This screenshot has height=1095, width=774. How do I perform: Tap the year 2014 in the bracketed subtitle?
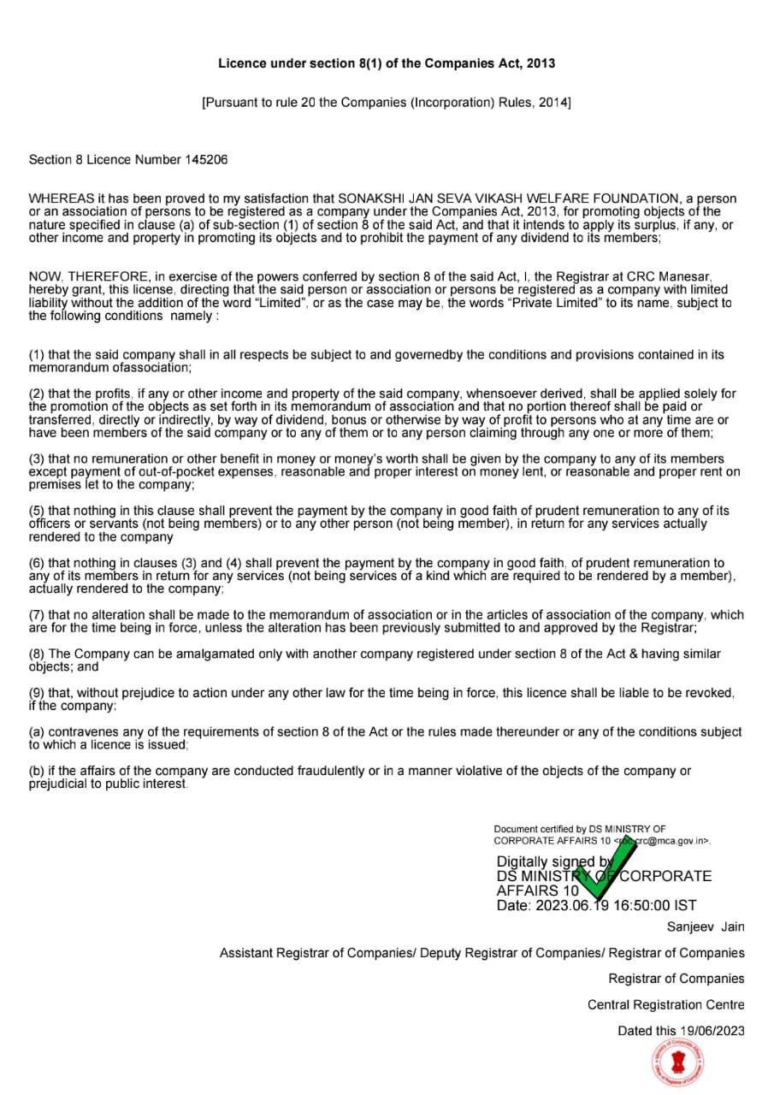click(x=552, y=103)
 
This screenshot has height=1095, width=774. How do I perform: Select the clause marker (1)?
click(x=37, y=355)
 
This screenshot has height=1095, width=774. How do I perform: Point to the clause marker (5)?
click(x=37, y=511)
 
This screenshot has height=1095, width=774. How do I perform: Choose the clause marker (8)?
click(x=37, y=654)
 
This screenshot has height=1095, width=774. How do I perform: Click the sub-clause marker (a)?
click(x=37, y=732)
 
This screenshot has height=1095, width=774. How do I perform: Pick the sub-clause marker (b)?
click(x=37, y=771)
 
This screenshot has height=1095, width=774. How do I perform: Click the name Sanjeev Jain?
click(x=706, y=927)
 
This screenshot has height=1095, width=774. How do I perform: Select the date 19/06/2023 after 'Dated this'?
click(x=712, y=1031)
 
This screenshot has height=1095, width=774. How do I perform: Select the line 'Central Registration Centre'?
click(x=665, y=1005)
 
